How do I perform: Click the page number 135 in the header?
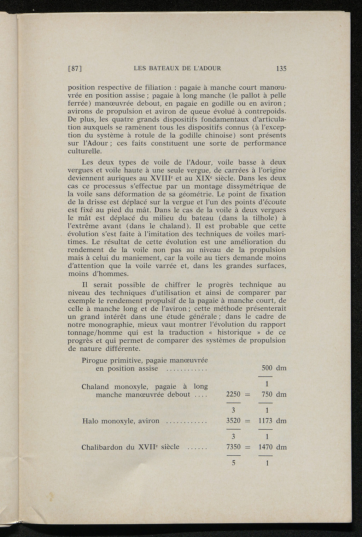click(x=281, y=69)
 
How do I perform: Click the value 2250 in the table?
click(x=233, y=394)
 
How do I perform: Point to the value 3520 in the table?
click(x=233, y=421)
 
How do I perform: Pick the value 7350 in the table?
click(x=233, y=447)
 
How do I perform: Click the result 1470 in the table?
click(x=266, y=447)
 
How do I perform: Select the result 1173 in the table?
click(x=266, y=421)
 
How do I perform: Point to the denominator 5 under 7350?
click(x=234, y=463)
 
